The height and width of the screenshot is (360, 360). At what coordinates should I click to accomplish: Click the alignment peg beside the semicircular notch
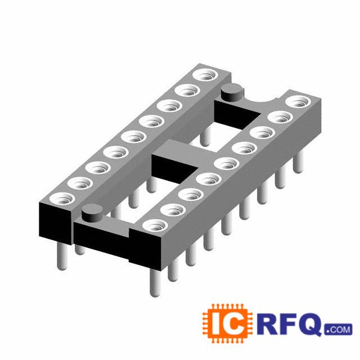point(232,92)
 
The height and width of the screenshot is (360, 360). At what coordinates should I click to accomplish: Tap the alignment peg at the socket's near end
point(92,214)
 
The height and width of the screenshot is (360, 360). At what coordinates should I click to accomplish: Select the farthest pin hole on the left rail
point(205,75)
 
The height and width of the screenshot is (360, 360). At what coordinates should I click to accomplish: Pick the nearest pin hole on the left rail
point(62,199)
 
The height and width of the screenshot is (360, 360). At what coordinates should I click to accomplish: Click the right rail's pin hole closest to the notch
point(298,101)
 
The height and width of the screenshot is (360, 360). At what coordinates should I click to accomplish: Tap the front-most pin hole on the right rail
point(155,226)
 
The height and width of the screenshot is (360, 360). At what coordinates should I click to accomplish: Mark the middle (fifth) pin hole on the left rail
point(134,137)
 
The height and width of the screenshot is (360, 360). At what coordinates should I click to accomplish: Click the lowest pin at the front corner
point(155,282)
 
